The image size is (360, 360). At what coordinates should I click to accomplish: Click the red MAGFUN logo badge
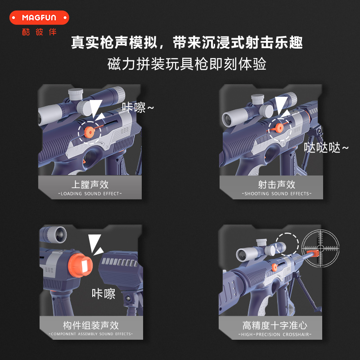click(39, 18)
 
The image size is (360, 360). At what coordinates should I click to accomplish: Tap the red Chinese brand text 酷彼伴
click(39, 32)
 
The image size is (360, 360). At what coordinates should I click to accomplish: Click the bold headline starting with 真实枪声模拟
click(187, 42)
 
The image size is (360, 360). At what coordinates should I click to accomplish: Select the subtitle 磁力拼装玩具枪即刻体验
click(187, 64)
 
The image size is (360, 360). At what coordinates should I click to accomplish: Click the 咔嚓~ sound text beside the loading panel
click(138, 107)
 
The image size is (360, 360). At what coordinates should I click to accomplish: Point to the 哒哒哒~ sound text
click(326, 148)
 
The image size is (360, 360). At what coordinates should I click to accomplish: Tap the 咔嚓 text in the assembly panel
click(103, 294)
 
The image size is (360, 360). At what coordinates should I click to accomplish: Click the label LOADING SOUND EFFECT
click(90, 194)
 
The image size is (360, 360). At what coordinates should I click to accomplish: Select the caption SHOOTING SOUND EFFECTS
click(277, 194)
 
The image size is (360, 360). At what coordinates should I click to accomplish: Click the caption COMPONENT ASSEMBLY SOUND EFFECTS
click(91, 334)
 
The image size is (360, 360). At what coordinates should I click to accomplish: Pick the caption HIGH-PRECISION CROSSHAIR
click(275, 334)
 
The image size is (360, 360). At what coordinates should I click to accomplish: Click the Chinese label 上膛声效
click(90, 184)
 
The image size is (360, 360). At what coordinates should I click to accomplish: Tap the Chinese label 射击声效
click(277, 184)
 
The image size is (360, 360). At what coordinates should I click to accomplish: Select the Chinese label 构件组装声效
click(91, 325)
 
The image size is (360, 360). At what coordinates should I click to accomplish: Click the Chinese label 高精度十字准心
click(275, 325)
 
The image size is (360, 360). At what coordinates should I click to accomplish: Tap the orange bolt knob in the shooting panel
click(279, 128)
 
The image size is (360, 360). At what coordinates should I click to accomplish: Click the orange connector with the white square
click(81, 265)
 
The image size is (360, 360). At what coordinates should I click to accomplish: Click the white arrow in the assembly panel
click(95, 244)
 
